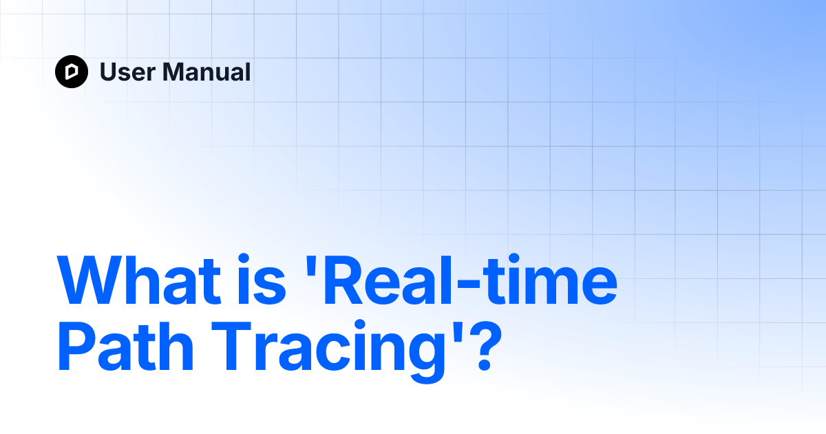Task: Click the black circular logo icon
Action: click(72, 72)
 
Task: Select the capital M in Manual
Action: click(172, 72)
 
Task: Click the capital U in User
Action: click(109, 72)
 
